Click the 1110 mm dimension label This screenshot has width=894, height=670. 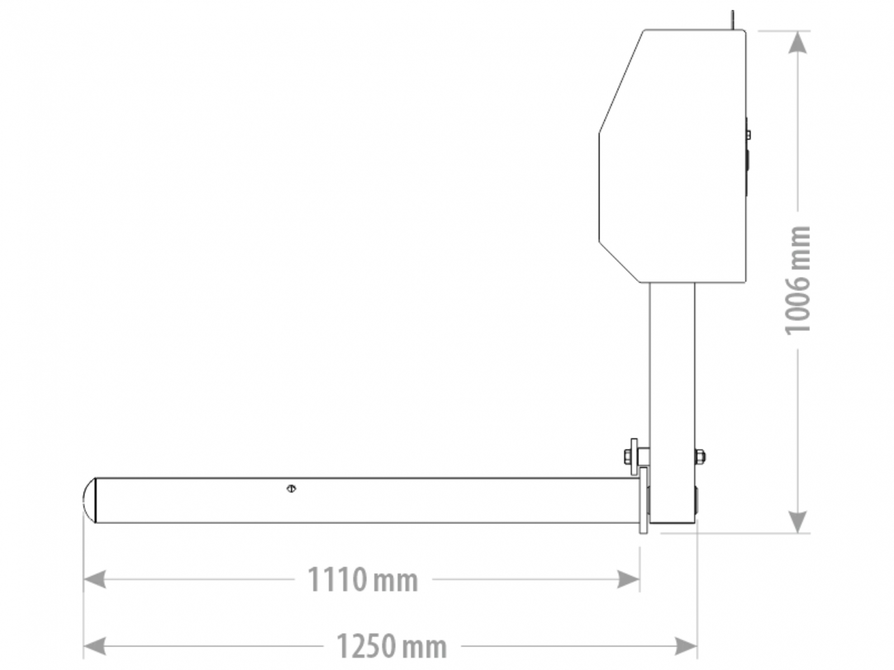pyautogui.click(x=363, y=580)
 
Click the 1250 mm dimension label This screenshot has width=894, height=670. pyautogui.click(x=392, y=646)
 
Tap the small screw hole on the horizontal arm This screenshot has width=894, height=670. pyautogui.click(x=291, y=488)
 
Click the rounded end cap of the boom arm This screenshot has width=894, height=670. pyautogui.click(x=89, y=500)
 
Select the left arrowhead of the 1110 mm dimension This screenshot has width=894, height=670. pyautogui.click(x=94, y=580)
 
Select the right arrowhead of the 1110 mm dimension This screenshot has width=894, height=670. pyautogui.click(x=629, y=580)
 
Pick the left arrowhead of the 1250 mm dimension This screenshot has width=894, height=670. pyautogui.click(x=94, y=646)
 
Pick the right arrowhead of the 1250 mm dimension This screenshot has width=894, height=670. pyautogui.click(x=686, y=646)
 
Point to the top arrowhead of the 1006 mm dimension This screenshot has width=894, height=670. pyautogui.click(x=797, y=42)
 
